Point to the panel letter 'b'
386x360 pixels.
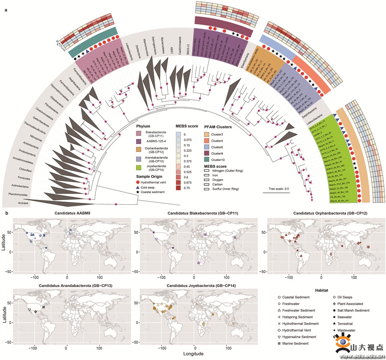6,212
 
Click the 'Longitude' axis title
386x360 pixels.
194,354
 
